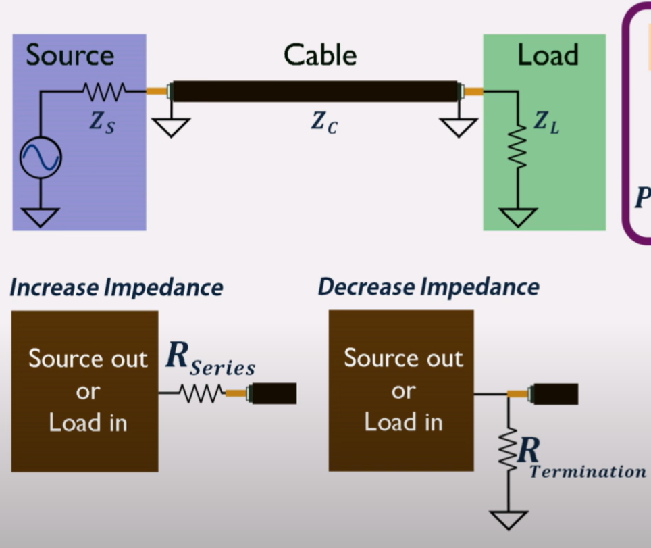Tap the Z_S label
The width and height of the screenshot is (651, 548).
pos(103,122)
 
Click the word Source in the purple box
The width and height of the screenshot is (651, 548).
pos(70,55)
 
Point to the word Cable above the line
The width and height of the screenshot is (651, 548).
pos(319,55)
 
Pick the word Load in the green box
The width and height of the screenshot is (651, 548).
pos(548,55)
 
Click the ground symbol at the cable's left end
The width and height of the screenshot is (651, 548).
pos(170,127)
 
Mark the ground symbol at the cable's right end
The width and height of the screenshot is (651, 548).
pos(459,127)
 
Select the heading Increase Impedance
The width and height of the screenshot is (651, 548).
pos(115,288)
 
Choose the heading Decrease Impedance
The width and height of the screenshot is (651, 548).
pos(428,287)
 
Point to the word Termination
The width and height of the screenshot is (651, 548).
pos(588,472)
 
